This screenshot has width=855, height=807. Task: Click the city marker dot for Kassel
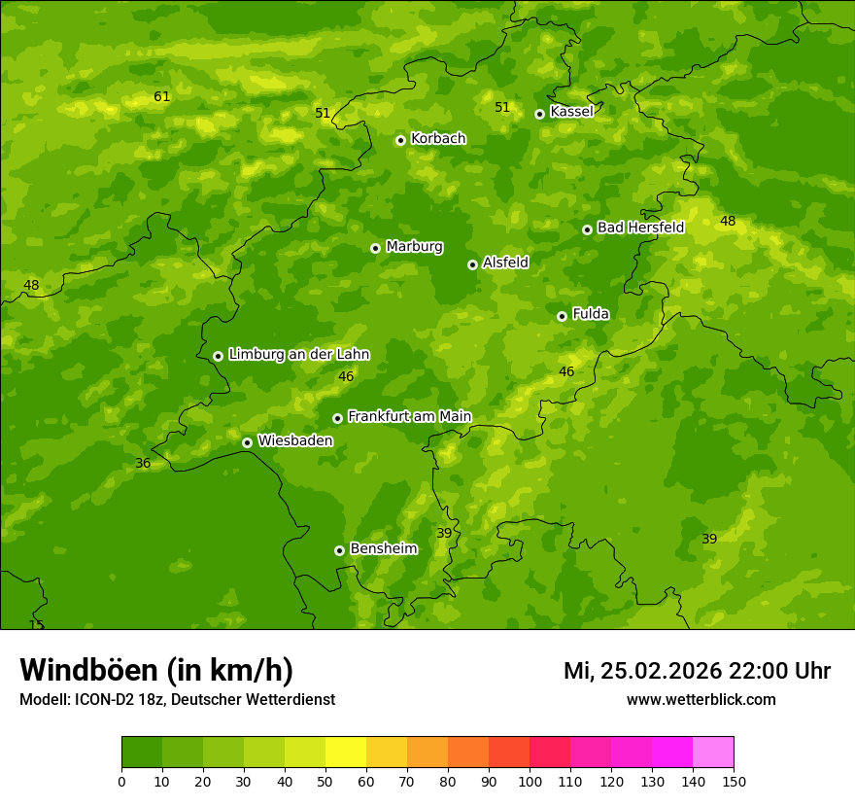(539, 114)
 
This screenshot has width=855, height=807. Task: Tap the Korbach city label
(438, 139)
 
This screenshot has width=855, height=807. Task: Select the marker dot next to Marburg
(375, 248)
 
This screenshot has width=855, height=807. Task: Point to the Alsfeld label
(505, 263)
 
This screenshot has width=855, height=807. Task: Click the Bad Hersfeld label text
(640, 228)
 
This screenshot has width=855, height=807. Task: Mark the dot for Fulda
(562, 316)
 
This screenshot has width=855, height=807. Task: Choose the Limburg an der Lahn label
(299, 355)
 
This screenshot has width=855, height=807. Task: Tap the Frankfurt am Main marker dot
(337, 418)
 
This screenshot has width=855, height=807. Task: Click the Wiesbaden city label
(295, 440)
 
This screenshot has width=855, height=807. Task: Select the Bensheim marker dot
(339, 550)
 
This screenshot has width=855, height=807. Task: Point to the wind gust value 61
(161, 96)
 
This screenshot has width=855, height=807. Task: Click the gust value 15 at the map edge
(37, 625)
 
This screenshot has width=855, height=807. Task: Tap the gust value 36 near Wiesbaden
(143, 464)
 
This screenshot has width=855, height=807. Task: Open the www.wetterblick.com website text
(701, 700)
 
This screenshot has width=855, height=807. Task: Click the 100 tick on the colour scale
(530, 781)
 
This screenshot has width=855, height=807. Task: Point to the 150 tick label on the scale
(734, 781)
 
